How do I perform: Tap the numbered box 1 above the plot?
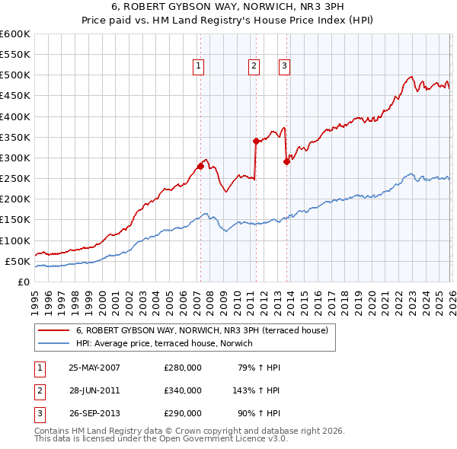(198, 66)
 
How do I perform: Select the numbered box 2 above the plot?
(252, 66)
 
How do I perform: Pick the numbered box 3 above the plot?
(283, 66)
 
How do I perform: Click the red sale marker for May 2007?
(200, 166)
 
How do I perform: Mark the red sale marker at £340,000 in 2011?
(255, 141)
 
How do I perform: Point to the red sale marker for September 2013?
(286, 161)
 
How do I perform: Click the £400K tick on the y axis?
(15, 116)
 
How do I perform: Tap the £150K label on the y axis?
(15, 219)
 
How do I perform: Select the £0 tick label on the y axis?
(22, 282)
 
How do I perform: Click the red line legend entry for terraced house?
(202, 330)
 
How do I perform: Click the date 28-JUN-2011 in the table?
(94, 390)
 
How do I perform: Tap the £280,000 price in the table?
(183, 368)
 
